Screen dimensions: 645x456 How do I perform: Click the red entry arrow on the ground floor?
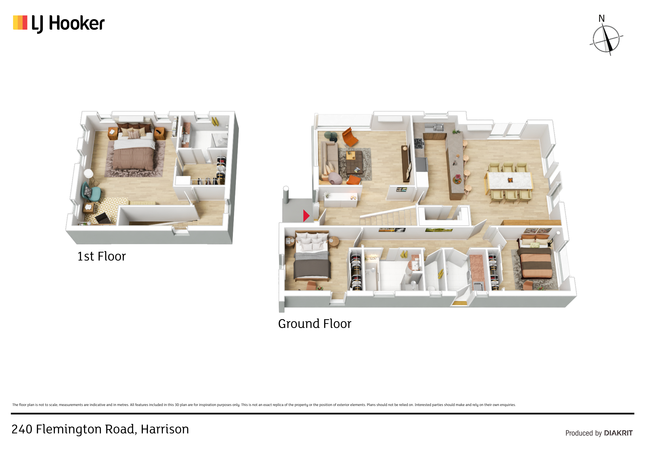point(306,216)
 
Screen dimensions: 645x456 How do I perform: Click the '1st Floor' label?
point(101,256)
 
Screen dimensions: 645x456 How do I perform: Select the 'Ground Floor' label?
point(315,324)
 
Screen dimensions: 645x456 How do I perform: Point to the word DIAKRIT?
point(618,433)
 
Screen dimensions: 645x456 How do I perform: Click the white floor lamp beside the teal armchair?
point(89,177)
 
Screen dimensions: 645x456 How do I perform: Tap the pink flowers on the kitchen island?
point(458,178)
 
